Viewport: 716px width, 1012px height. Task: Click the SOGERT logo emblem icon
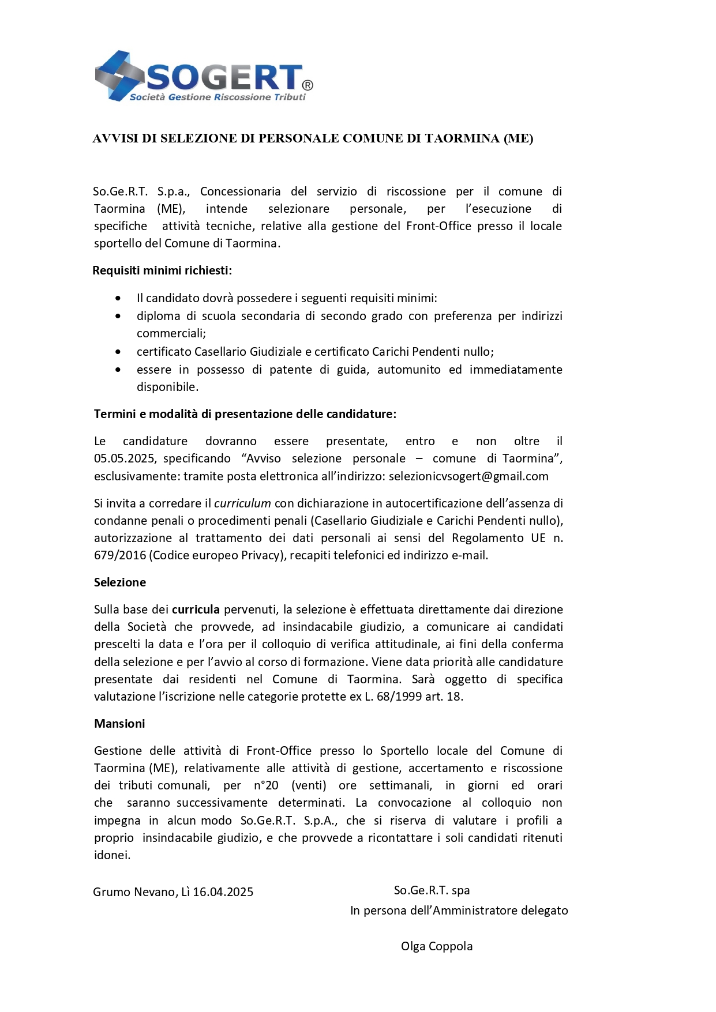click(119, 76)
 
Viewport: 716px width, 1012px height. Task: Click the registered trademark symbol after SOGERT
click(308, 85)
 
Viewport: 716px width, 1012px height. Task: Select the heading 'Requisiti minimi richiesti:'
click(162, 270)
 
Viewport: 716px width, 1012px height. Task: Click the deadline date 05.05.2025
click(125, 458)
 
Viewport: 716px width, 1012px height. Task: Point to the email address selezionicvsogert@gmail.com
click(468, 476)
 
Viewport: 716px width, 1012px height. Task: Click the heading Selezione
click(120, 582)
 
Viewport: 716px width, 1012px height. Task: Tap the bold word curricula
click(196, 610)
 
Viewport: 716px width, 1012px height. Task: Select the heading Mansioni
click(119, 724)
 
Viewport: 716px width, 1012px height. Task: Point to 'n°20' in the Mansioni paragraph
click(266, 785)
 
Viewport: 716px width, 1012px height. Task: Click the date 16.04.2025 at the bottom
click(223, 892)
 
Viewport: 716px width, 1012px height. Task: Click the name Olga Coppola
click(437, 946)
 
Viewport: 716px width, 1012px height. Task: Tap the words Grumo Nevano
click(134, 892)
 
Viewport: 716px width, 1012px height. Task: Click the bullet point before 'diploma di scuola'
click(118, 316)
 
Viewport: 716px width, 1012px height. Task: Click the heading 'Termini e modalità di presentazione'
click(245, 414)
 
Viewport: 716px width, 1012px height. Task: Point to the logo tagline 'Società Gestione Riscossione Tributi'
click(218, 97)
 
